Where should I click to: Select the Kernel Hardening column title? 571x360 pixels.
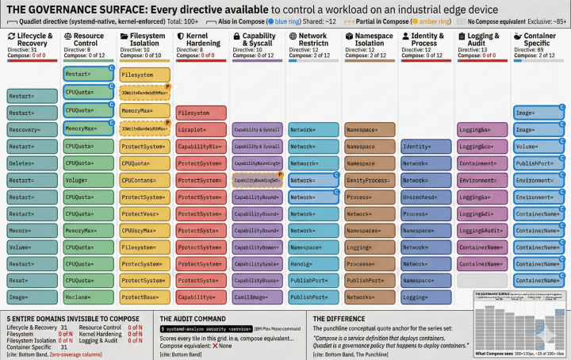[203, 40]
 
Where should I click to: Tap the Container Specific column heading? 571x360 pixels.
[540, 40]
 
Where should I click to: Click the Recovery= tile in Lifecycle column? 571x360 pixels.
[31, 129]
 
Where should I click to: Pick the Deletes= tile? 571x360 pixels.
[31, 163]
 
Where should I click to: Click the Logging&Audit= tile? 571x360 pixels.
[481, 230]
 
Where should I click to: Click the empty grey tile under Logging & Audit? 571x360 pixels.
[481, 280]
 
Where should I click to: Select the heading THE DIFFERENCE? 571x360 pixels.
[336, 318]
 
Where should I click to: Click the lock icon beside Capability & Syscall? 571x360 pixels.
[239, 37]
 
